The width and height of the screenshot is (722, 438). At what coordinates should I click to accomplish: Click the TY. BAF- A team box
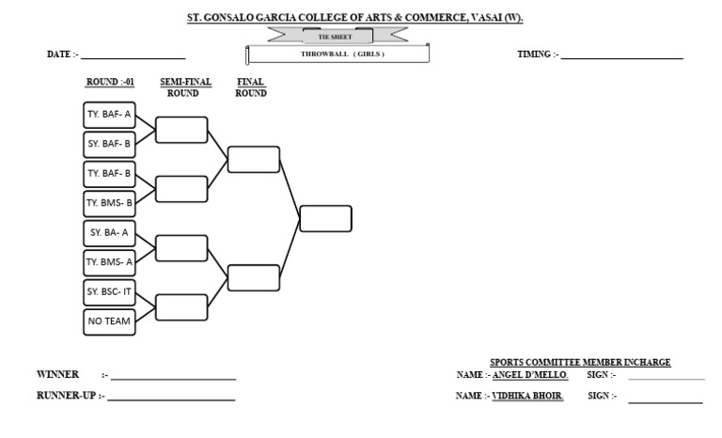tap(110, 116)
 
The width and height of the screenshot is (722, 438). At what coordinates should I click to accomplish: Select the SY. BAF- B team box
tap(110, 145)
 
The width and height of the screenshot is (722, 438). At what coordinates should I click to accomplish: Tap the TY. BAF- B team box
tap(110, 174)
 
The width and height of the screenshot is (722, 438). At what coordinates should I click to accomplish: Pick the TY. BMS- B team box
tap(110, 203)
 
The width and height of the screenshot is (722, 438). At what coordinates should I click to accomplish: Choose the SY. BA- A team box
tap(110, 233)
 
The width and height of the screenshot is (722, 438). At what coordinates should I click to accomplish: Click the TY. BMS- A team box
tap(110, 262)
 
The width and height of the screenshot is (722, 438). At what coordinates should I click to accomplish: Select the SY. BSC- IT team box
tap(110, 292)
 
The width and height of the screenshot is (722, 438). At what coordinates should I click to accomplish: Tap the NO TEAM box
tap(110, 321)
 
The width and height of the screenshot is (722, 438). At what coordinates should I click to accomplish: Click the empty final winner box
tap(325, 218)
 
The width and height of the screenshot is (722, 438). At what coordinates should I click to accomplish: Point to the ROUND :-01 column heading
tap(111, 83)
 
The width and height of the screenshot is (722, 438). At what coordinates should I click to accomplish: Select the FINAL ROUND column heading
tap(251, 87)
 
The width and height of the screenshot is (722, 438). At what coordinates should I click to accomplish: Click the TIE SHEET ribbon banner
tap(336, 37)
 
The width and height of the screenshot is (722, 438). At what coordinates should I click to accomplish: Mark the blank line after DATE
tap(133, 56)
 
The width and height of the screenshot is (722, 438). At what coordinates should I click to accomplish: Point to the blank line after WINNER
tap(173, 378)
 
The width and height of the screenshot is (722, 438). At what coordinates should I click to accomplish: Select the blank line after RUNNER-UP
tap(171, 399)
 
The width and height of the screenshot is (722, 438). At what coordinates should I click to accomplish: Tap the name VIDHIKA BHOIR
tap(527, 397)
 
